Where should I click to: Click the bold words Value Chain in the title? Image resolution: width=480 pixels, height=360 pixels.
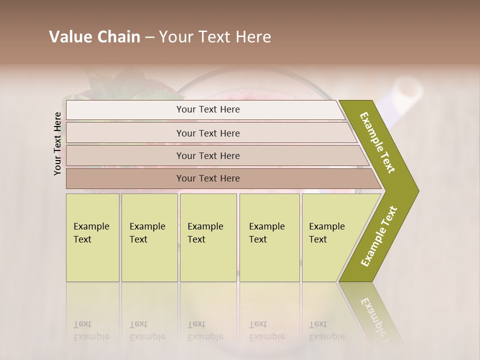click(x=94, y=37)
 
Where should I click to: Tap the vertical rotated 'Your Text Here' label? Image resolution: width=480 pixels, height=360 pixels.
click(x=58, y=143)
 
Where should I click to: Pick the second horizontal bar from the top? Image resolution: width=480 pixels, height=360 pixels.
click(x=207, y=133)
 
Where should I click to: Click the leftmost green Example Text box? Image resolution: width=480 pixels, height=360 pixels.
click(x=92, y=237)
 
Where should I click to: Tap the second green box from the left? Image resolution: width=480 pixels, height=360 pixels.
click(x=149, y=237)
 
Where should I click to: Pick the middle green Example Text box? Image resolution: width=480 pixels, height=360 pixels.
click(x=208, y=237)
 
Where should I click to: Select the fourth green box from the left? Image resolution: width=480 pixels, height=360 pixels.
click(x=269, y=237)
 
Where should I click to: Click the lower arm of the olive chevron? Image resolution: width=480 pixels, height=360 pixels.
click(x=378, y=236)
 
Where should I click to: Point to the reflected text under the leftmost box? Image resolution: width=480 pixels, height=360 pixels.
click(x=91, y=330)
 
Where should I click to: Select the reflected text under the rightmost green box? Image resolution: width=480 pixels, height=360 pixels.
click(x=327, y=330)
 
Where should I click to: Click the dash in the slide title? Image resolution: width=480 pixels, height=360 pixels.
click(x=149, y=37)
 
